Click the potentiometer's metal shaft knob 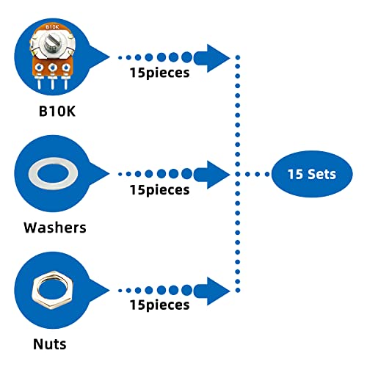[52, 43]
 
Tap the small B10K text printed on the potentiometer [52, 27]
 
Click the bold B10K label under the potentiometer [57, 111]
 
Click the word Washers [55, 228]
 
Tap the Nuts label [50, 344]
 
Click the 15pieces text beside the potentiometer [159, 73]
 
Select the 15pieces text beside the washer [159, 190]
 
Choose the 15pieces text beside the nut [159, 305]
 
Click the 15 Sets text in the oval [312, 174]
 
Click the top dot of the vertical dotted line [238, 57]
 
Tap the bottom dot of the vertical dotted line [238, 291]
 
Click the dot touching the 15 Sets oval [267, 174]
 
